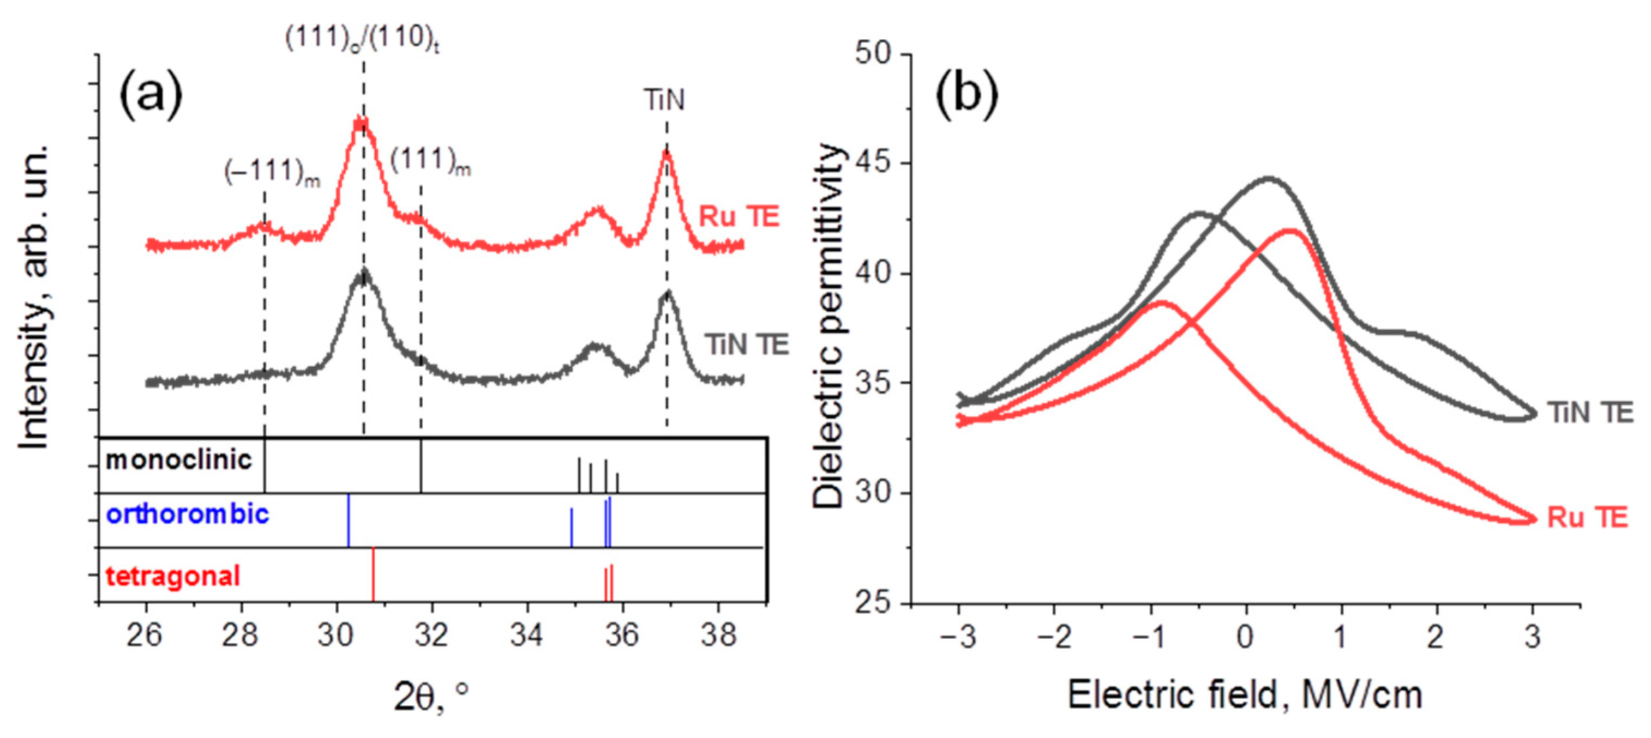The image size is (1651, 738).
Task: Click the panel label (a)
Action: [151, 96]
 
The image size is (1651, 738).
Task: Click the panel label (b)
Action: [967, 96]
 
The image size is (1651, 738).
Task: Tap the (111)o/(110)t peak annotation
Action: [362, 40]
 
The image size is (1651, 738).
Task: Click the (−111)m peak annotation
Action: [272, 172]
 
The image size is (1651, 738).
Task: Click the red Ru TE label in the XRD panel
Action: [739, 216]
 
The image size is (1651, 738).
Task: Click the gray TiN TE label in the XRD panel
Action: [747, 344]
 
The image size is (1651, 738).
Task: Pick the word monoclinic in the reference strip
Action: [179, 460]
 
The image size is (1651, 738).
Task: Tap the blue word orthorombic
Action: [187, 514]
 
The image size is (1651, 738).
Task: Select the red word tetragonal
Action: [173, 576]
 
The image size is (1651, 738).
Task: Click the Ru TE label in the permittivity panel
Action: [1588, 518]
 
